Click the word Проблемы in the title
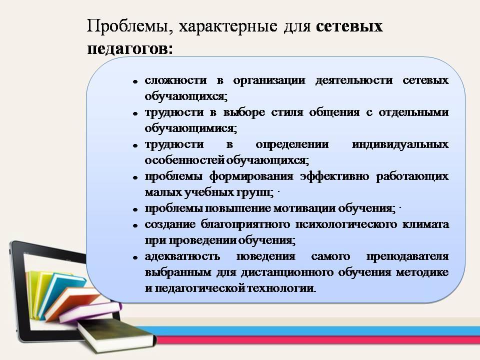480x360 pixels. pyautogui.click(x=127, y=26)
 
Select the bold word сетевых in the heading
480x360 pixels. pyautogui.click(x=349, y=26)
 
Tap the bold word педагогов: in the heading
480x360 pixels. pyautogui.click(x=130, y=49)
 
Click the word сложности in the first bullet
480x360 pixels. pyautogui.click(x=175, y=80)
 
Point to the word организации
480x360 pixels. pyautogui.click(x=269, y=81)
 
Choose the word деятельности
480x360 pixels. pyautogui.click(x=354, y=81)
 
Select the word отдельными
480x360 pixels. pyautogui.click(x=413, y=112)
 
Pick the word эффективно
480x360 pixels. pyautogui.click(x=334, y=177)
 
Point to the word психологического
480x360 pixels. pyautogui.click(x=345, y=224)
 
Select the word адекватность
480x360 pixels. pyautogui.click(x=182, y=256)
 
